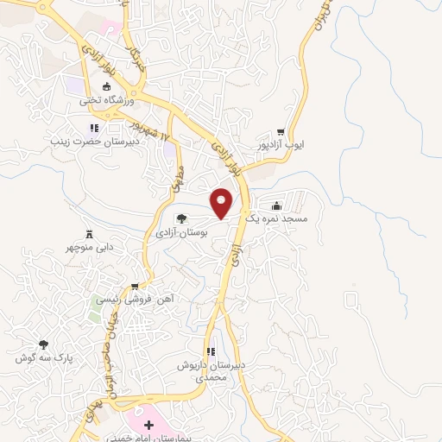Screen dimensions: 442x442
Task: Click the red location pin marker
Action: (223, 203)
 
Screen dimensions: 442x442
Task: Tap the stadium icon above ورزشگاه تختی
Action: (107, 85)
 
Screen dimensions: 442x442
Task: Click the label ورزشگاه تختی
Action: (104, 100)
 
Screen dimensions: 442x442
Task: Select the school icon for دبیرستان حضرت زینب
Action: (94, 128)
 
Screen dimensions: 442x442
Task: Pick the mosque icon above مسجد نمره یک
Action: (276, 205)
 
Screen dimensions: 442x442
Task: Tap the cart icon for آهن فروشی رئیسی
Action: (135, 287)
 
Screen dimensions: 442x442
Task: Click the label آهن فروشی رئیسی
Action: (134, 300)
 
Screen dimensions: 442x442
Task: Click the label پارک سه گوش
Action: (42, 357)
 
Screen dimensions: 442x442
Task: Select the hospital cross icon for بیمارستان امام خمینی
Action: (148, 425)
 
